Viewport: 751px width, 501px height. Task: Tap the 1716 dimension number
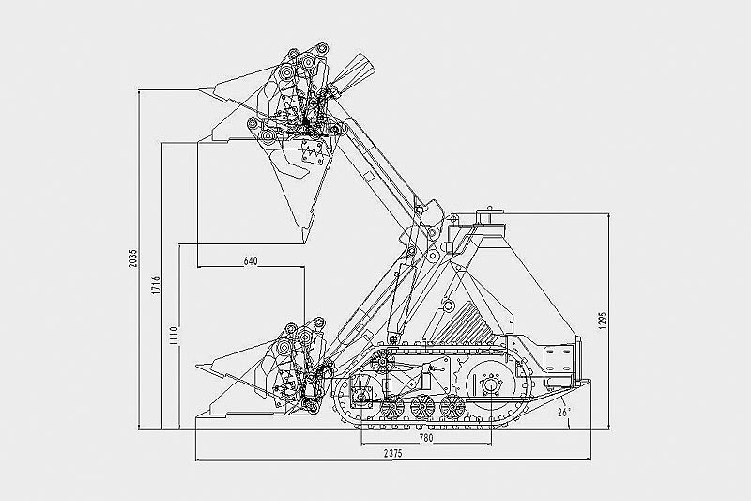click(157, 285)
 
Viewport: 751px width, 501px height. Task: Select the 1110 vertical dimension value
click(174, 336)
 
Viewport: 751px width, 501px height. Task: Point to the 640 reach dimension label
click(251, 261)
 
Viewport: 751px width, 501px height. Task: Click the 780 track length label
click(426, 438)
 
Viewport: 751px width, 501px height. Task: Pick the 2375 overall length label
click(392, 454)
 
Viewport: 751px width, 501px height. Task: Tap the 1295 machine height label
click(603, 321)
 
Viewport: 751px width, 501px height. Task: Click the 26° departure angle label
click(565, 412)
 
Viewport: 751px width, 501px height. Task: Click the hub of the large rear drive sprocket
click(490, 385)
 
